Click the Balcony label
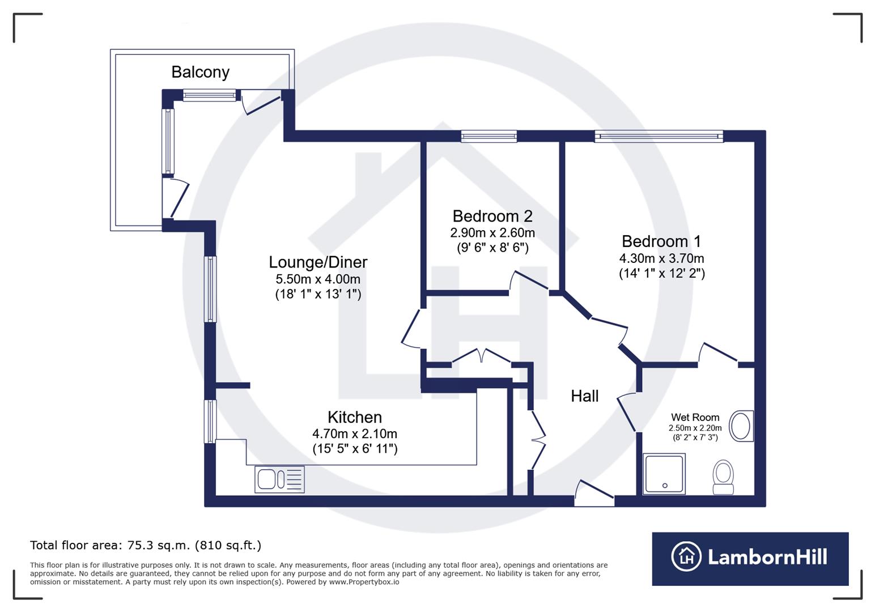tap(200, 73)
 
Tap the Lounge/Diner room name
tap(318, 262)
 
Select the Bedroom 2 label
tap(492, 216)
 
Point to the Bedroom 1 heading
tap(661, 241)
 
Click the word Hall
tap(584, 396)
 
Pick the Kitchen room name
tap(355, 418)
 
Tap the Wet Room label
tap(695, 418)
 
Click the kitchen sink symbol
tap(279, 479)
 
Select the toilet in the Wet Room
tap(723, 477)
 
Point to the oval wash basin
tap(740, 426)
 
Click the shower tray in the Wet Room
tap(664, 473)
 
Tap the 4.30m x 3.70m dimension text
tap(661, 258)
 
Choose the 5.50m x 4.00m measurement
tap(318, 279)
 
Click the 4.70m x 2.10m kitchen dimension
tap(355, 434)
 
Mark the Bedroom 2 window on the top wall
tap(489, 136)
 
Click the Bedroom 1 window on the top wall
tap(659, 136)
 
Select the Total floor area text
tap(146, 546)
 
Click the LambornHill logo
tap(750, 558)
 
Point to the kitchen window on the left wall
tap(210, 421)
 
